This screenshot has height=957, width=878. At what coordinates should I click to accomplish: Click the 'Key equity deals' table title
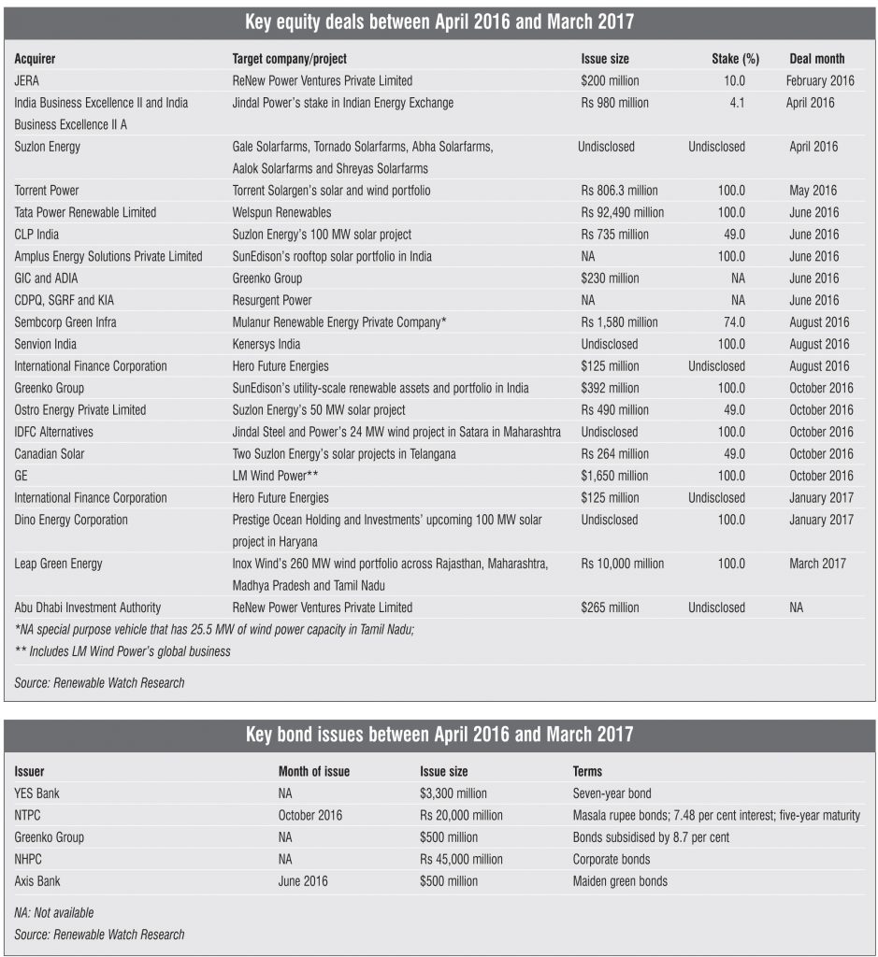(439, 21)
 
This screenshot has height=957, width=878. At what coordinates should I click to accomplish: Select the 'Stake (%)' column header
(735, 59)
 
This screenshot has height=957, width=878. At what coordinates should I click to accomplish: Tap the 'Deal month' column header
(816, 59)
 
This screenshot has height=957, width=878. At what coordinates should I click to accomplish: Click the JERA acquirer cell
(28, 81)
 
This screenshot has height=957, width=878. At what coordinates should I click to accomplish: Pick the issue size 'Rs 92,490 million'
(622, 212)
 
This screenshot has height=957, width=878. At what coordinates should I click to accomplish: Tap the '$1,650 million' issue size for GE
(613, 476)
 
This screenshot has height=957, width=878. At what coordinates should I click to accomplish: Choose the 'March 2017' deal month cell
(817, 564)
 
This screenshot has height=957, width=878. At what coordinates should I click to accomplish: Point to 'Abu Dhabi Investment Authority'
(88, 607)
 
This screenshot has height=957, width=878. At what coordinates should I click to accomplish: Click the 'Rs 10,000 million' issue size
(622, 564)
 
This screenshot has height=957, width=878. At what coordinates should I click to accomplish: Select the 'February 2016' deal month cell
(820, 81)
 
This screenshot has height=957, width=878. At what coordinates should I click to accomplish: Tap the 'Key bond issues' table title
(439, 736)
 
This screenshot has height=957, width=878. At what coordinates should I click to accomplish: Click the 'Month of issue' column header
(314, 772)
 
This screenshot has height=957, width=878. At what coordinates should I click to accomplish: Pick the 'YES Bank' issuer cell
(37, 793)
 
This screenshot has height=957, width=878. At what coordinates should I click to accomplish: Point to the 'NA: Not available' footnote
(54, 913)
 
